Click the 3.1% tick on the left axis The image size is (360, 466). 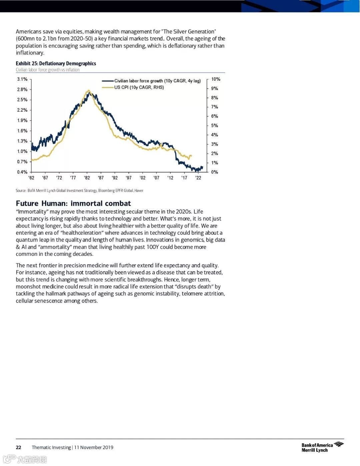(22, 79)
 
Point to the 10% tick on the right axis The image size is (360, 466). (216, 79)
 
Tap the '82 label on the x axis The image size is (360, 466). (87, 178)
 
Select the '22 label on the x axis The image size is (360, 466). (198, 178)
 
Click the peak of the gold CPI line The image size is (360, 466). (88, 90)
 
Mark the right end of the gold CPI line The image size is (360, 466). (191, 155)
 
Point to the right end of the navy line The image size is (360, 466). (202, 167)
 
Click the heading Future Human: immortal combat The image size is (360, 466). (73, 203)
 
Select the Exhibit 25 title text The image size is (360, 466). (56, 63)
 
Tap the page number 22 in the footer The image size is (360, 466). (19, 447)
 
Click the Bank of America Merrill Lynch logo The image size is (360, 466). (322, 447)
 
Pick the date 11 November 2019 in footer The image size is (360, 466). (94, 447)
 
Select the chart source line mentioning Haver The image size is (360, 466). (79, 190)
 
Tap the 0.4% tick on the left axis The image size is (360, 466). (22, 172)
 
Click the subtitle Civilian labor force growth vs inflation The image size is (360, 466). (48, 70)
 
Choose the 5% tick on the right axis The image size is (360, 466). (214, 125)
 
